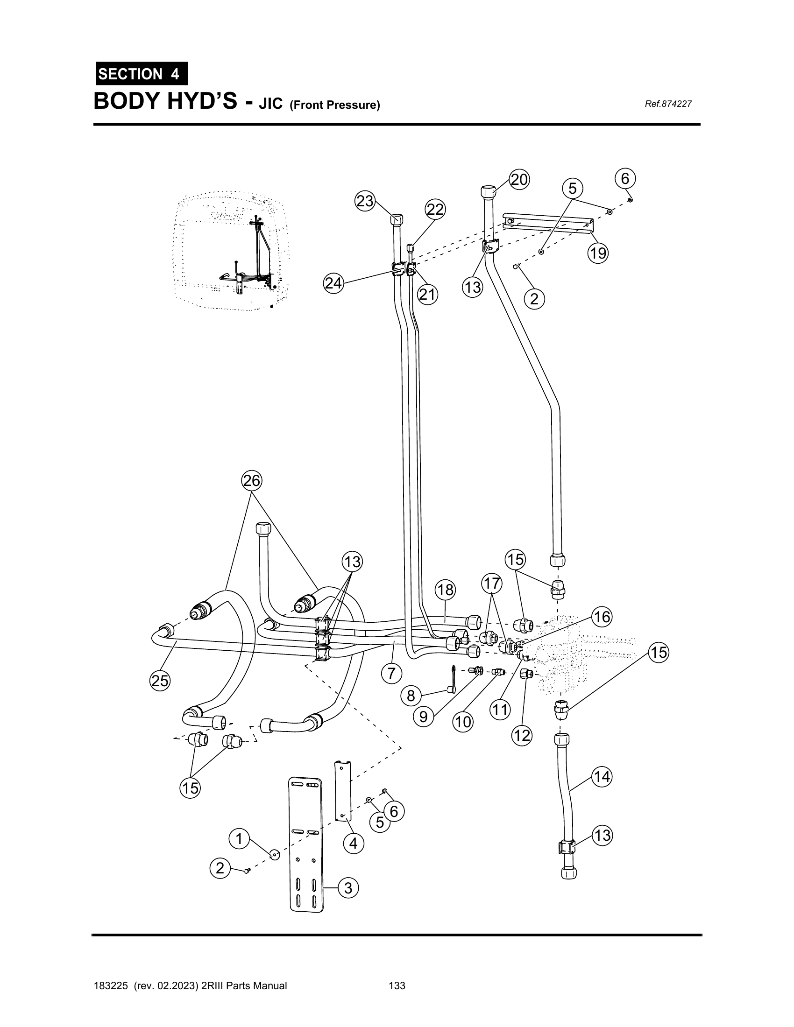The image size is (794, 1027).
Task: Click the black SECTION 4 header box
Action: coord(142,73)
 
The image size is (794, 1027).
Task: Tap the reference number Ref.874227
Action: coord(668,104)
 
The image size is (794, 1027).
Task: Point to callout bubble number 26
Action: coord(252,480)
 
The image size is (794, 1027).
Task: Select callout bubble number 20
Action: coord(519,180)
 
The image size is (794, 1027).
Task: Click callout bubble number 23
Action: coord(365,201)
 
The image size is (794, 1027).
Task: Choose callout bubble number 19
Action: coord(598,253)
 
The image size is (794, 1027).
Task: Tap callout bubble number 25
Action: coord(160,681)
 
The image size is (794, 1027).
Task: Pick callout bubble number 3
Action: coord(348,888)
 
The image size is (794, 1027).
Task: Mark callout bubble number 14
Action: coord(602,777)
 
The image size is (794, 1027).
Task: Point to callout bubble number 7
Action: coord(392,673)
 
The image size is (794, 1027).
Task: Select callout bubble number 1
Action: coord(239,839)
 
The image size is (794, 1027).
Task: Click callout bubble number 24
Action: coord(333,283)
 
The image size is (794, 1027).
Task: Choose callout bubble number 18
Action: coord(446,590)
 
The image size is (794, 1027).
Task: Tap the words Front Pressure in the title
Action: coord(334,105)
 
